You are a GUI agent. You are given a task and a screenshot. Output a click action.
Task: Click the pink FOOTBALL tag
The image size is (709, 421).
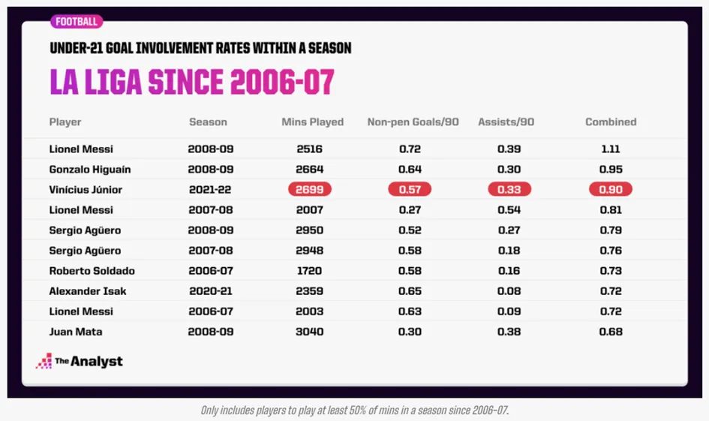[x=77, y=22]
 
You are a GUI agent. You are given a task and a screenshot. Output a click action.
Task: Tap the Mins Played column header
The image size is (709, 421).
[x=312, y=122]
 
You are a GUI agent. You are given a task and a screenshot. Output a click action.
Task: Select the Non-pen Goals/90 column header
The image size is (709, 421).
[x=413, y=122]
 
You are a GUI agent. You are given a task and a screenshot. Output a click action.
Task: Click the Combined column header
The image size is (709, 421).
[x=611, y=122]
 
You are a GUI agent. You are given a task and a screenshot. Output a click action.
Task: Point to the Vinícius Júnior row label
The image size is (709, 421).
[x=86, y=190]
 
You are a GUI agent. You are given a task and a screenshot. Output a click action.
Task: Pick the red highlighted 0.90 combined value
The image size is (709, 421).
[x=611, y=190]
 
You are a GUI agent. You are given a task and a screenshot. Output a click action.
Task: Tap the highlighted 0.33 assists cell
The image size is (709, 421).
[x=509, y=190]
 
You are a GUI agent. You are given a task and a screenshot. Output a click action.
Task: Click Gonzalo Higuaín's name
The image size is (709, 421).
[x=86, y=170]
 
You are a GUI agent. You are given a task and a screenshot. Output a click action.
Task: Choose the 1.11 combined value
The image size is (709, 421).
[x=611, y=149]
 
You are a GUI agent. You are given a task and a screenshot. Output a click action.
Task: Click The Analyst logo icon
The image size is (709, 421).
[x=44, y=361]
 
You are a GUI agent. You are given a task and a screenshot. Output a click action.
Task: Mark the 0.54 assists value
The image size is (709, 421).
[x=509, y=210]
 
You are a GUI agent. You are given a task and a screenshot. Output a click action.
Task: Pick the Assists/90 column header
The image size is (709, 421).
[x=506, y=122]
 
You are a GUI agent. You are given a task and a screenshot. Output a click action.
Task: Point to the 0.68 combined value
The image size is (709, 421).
[x=611, y=331]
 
